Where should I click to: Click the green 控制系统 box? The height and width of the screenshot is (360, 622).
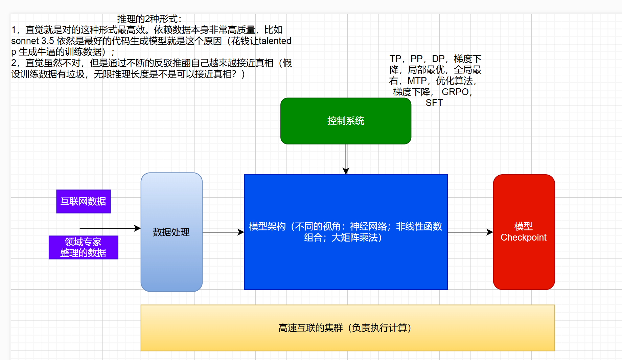click(x=346, y=121)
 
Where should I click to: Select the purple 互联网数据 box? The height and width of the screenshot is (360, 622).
click(x=83, y=201)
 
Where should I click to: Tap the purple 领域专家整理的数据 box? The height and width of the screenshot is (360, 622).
click(x=83, y=247)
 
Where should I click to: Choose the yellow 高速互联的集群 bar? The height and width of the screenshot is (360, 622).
click(x=347, y=328)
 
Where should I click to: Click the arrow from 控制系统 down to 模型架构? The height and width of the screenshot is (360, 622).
click(x=346, y=159)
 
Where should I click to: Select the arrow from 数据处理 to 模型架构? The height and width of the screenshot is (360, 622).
click(x=223, y=232)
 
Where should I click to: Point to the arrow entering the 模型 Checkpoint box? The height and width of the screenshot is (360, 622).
click(x=470, y=232)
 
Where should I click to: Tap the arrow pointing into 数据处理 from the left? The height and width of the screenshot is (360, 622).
click(x=110, y=228)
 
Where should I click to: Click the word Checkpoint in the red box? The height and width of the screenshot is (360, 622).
click(x=524, y=238)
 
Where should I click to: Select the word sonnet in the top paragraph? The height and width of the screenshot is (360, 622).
click(x=25, y=41)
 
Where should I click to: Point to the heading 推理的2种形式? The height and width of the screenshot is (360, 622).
click(x=149, y=19)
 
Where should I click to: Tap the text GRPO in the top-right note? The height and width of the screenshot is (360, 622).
click(x=455, y=92)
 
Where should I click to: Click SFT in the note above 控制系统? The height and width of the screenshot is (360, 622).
click(x=434, y=103)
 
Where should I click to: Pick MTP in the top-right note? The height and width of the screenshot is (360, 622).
click(x=417, y=81)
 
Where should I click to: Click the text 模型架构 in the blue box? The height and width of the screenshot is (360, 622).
click(x=267, y=226)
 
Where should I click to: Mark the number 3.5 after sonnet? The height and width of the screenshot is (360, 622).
click(x=48, y=41)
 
